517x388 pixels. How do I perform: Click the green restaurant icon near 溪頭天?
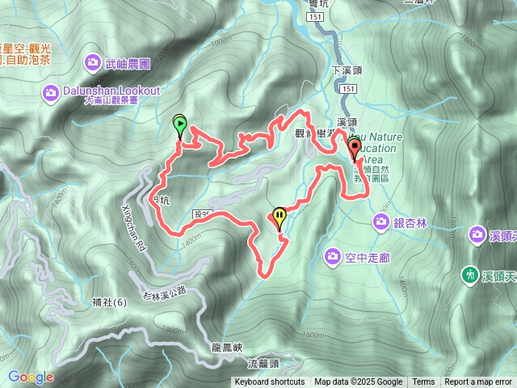coord(469,275)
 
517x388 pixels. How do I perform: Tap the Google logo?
coord(30,377)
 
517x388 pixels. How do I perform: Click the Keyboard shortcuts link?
coord(270,382)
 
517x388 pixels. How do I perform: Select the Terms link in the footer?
coord(423,382)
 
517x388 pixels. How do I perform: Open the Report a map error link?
coord(478,382)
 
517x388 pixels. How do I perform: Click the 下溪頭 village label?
coord(348,71)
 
